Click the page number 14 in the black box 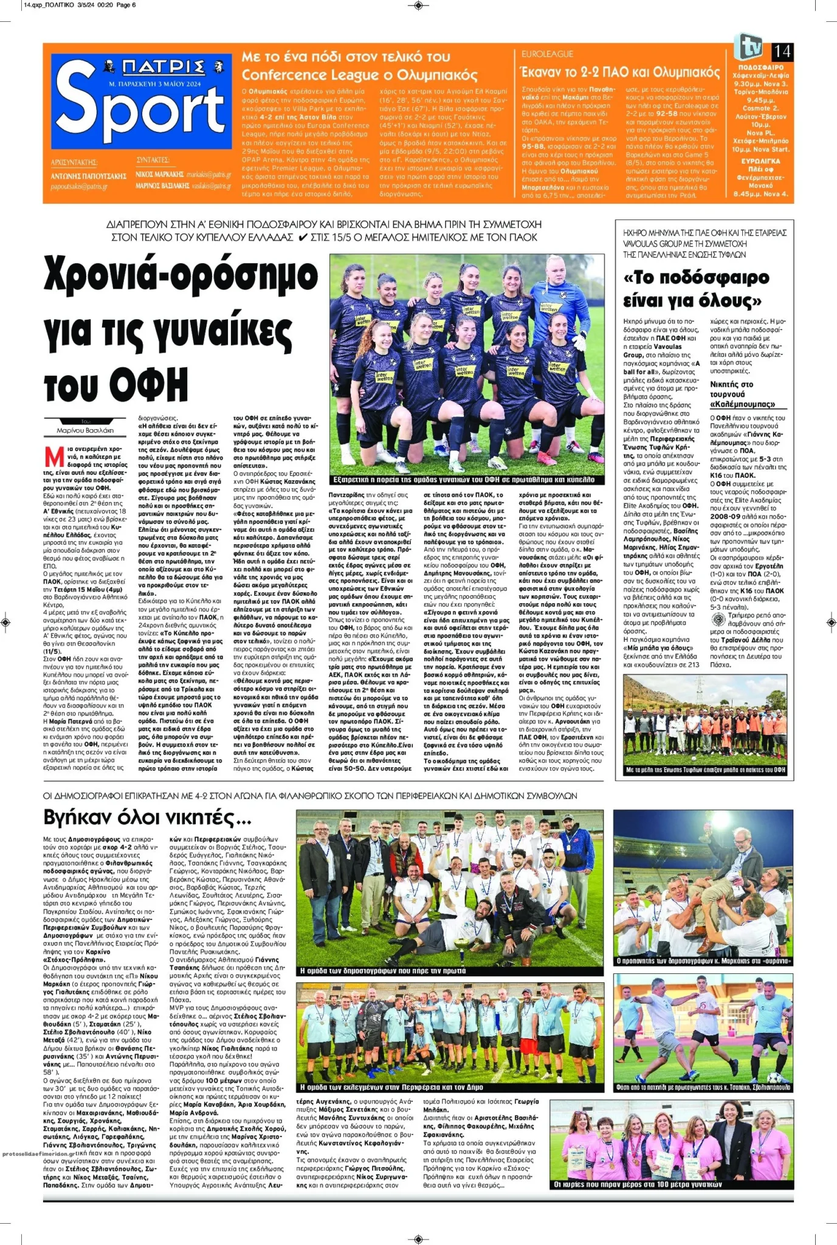(782, 51)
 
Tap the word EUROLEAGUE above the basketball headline (547, 54)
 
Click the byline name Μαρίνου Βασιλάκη (85, 430)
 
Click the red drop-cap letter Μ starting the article (55, 457)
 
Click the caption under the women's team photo (466, 480)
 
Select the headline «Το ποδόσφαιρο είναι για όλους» (696, 289)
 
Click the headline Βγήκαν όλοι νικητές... (147, 817)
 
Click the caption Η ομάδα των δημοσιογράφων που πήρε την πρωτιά (383, 971)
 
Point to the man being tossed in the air (728, 883)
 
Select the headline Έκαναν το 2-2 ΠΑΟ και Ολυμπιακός (620, 72)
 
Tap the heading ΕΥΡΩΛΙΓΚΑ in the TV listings (760, 161)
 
